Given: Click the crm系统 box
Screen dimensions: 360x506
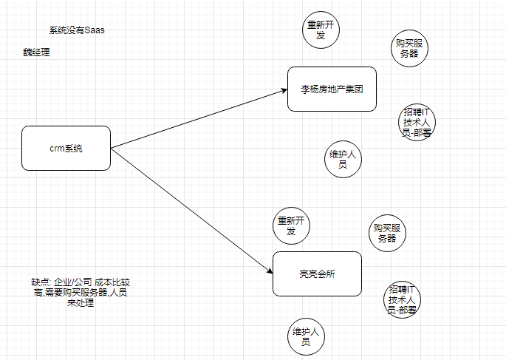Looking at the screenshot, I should pyautogui.click(x=66, y=148).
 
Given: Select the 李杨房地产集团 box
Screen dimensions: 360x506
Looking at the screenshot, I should pyautogui.click(x=332, y=89).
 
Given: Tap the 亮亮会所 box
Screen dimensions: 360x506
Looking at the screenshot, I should pyautogui.click(x=317, y=274).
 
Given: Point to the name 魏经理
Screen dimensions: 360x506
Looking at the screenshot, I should pyautogui.click(x=36, y=52).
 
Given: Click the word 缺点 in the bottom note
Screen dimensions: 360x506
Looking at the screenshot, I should pyautogui.click(x=41, y=282).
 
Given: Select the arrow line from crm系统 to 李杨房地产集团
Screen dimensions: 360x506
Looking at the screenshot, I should pyautogui.click(x=199, y=119).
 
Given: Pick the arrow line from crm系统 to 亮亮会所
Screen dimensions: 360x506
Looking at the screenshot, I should pyautogui.click(x=192, y=211).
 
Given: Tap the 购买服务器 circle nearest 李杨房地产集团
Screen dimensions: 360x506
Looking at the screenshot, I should pyautogui.click(x=410, y=48).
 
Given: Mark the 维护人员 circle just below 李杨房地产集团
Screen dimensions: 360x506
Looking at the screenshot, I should pyautogui.click(x=343, y=160).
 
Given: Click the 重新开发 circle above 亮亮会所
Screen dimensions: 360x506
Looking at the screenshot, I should pyautogui.click(x=291, y=225).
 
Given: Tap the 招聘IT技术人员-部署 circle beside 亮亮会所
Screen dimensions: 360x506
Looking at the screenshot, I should pyautogui.click(x=403, y=299).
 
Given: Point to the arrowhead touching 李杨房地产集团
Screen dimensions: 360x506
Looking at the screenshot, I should pyautogui.click(x=283, y=91).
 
